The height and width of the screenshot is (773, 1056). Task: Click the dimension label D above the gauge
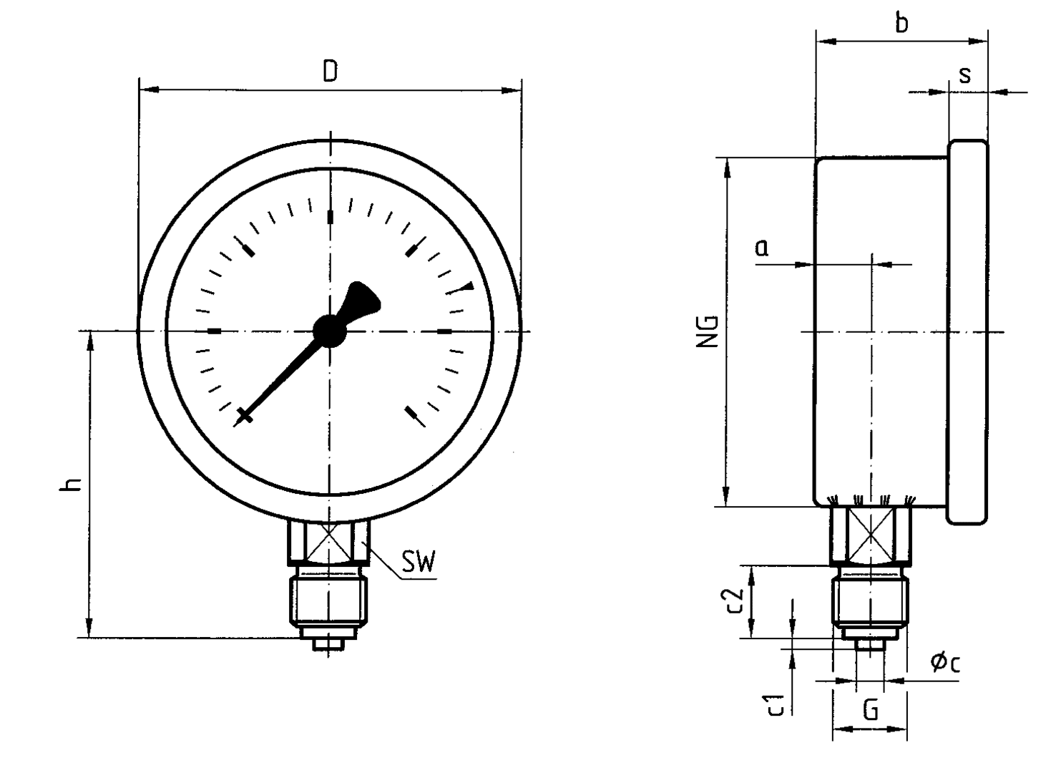click(330, 71)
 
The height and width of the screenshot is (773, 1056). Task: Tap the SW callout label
click(418, 563)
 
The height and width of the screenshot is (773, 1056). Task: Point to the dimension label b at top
click(902, 23)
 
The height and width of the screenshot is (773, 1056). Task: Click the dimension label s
click(965, 74)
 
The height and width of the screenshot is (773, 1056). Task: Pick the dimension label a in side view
click(762, 248)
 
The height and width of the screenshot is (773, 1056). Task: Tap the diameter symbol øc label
click(945, 663)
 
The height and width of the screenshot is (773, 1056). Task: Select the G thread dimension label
click(870, 711)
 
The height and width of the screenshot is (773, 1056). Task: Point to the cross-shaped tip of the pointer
click(244, 417)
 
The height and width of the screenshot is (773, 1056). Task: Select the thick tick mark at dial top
click(330, 217)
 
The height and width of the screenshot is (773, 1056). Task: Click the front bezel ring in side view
click(967, 332)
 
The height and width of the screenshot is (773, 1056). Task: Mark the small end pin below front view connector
click(328, 644)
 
